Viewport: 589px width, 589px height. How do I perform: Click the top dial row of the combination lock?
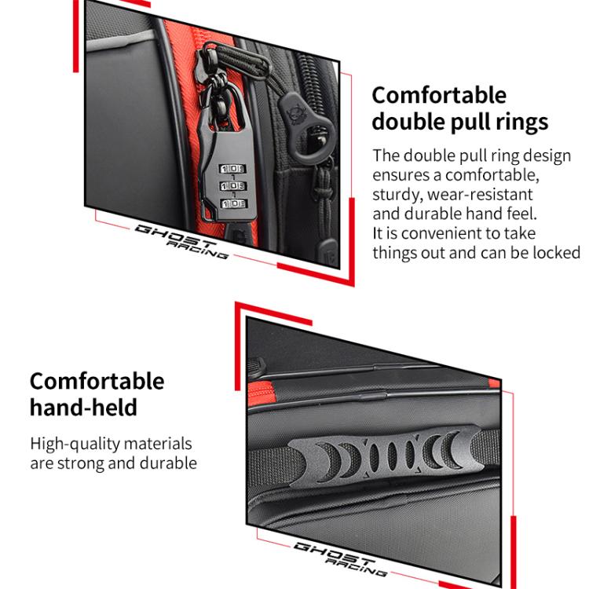tap(232, 169)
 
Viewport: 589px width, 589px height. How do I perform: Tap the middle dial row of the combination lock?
tap(233, 186)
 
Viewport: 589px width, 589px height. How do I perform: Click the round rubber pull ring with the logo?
tap(307, 129)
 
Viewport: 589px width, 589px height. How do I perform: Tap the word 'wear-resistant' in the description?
tap(480, 195)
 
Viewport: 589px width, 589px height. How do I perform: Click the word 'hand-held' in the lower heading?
tap(83, 407)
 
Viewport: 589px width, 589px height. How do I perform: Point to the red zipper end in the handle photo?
tap(261, 393)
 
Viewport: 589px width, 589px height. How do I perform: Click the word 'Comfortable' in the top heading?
tap(439, 95)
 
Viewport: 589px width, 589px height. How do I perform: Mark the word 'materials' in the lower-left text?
tap(158, 444)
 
